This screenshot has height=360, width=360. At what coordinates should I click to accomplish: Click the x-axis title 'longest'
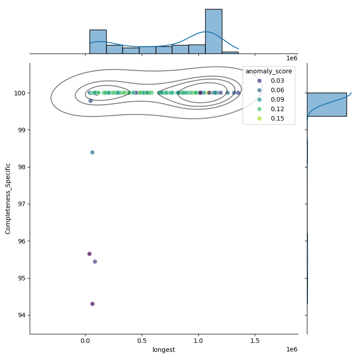pyautogui.click(x=164, y=350)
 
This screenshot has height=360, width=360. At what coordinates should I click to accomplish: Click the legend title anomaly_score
pyautogui.click(x=269, y=71)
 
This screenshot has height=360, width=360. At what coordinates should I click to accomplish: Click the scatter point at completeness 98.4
pyautogui.click(x=92, y=152)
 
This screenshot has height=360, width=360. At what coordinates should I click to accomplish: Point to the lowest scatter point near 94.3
pyautogui.click(x=92, y=304)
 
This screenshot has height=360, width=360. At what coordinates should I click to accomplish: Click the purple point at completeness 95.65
pyautogui.click(x=89, y=254)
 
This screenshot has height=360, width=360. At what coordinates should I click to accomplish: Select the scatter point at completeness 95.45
pyautogui.click(x=95, y=261)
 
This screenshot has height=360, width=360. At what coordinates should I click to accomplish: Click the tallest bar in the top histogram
pyautogui.click(x=213, y=31)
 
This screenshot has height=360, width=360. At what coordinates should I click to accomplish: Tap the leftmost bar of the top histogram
pyautogui.click(x=98, y=42)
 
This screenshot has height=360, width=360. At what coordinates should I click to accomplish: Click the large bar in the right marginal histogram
pyautogui.click(x=327, y=104)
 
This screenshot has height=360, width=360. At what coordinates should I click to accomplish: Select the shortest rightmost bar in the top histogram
pyautogui.click(x=230, y=53)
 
